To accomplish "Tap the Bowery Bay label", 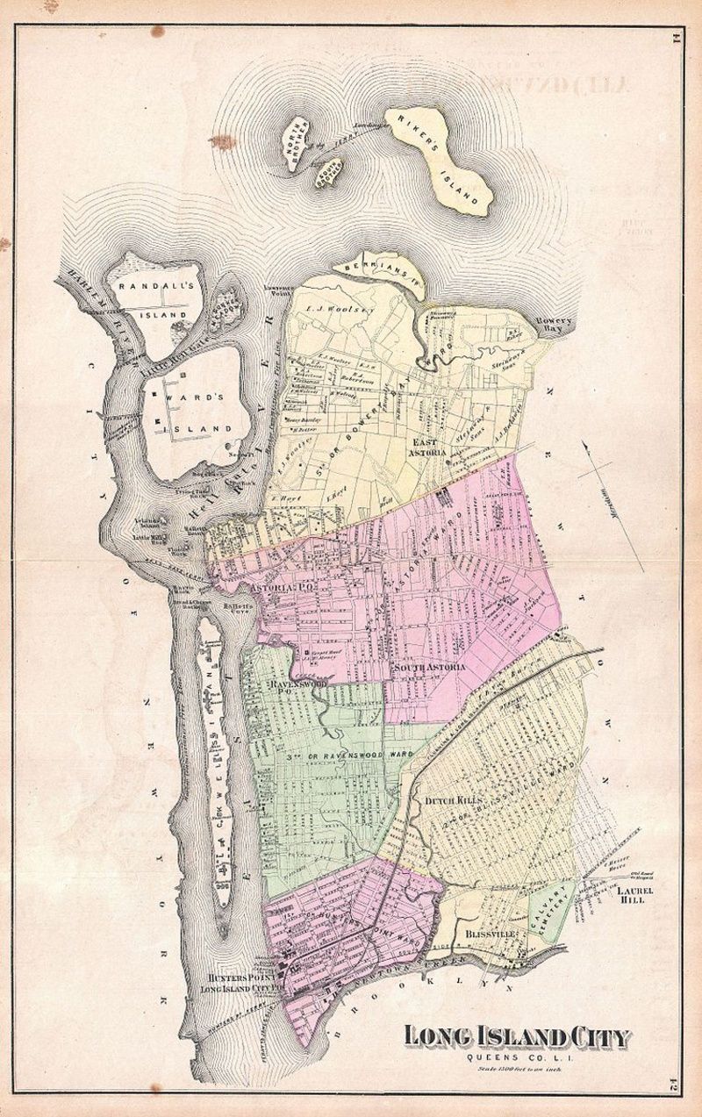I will point(555,326).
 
